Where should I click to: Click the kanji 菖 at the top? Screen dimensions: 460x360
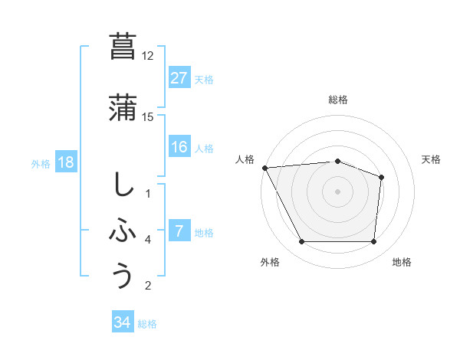[123, 47]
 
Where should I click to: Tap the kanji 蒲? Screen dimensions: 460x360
[123, 108]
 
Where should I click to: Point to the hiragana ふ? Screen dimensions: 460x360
[123, 231]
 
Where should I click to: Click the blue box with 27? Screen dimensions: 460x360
[179, 77]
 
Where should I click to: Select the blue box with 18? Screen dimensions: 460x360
[65, 162]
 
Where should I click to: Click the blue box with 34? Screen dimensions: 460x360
[123, 322]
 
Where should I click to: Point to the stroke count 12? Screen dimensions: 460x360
[147, 56]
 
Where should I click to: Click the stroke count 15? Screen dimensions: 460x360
[147, 117]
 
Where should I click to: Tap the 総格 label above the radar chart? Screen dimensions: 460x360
[338, 100]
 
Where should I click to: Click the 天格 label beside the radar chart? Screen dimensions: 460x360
[432, 159]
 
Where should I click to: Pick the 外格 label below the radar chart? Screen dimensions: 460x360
[270, 262]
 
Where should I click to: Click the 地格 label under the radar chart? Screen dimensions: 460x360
[402, 262]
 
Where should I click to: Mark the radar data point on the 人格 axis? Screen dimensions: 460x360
[264, 168]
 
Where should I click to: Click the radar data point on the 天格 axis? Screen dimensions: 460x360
[381, 178]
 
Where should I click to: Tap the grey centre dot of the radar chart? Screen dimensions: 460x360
[338, 191]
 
